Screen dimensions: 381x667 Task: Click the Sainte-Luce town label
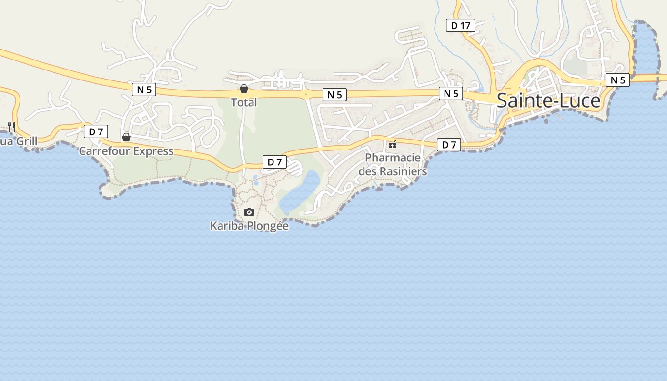[548, 101]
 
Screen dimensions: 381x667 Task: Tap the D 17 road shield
[460, 25]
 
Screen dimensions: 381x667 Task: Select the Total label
[244, 102]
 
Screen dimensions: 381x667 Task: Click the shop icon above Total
[244, 89]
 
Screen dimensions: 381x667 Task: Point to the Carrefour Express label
[126, 151]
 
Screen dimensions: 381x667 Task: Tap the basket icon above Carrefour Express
[126, 137]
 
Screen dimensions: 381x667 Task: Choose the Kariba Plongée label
[249, 226]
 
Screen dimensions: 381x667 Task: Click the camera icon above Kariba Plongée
[249, 212]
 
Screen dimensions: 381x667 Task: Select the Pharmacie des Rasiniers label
[393, 164]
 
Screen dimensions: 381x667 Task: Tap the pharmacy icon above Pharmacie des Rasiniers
[393, 144]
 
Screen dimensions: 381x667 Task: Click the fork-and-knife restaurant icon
[11, 127]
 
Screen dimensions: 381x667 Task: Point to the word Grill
[27, 141]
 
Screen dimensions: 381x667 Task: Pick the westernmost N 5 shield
[144, 89]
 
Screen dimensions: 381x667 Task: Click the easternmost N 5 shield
[617, 80]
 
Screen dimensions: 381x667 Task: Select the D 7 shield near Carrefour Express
[96, 131]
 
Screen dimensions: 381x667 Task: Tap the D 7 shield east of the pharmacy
[449, 145]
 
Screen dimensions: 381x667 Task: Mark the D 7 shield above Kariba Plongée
[274, 162]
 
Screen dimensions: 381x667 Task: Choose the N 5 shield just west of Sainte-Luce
[451, 93]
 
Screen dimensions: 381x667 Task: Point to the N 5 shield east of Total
[334, 95]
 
